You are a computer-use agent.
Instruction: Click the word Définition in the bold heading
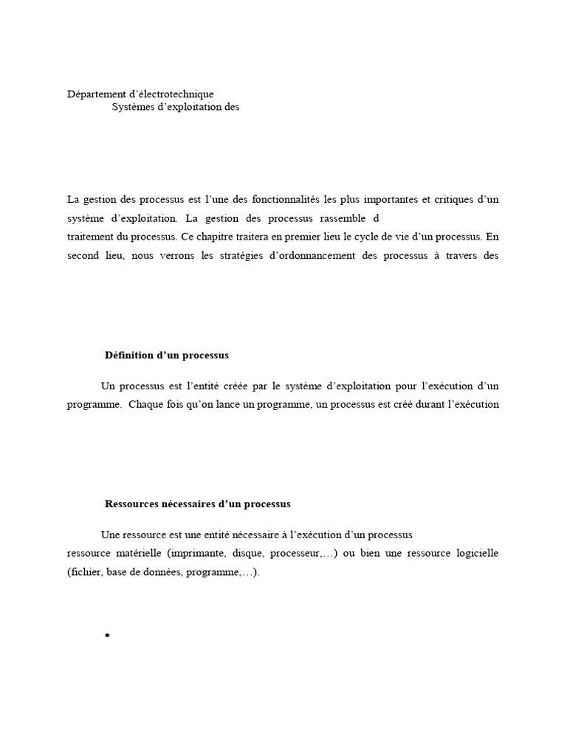pyautogui.click(x=129, y=355)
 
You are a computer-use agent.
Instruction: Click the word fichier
pyautogui.click(x=84, y=573)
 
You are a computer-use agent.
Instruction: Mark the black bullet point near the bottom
pyautogui.click(x=107, y=636)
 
